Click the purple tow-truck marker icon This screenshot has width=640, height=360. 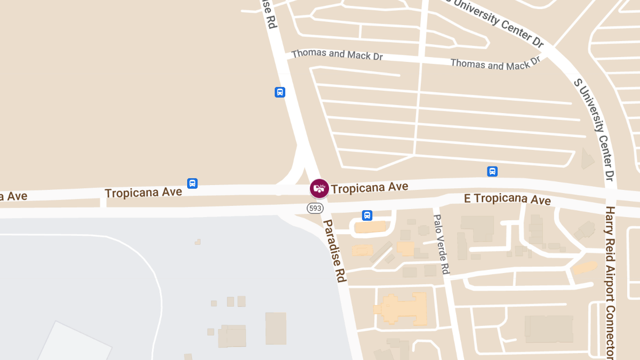point(319,188)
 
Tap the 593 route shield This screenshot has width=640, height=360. point(315,208)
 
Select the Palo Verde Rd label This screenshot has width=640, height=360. point(441,245)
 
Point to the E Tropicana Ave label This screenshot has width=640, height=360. point(507,199)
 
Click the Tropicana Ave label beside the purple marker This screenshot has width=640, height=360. point(370,187)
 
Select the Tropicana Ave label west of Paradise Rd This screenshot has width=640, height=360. point(143,192)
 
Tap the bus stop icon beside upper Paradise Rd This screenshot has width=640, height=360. point(280,92)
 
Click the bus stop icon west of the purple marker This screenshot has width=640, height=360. point(193,183)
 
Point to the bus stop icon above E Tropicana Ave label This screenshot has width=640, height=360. point(492,171)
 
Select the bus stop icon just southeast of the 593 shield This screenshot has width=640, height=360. point(367,215)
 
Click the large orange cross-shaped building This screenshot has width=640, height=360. point(403,308)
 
